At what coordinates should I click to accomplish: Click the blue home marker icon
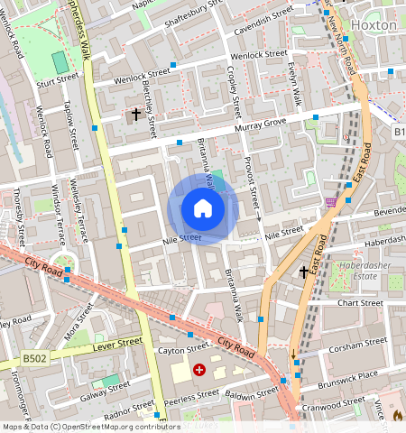203,209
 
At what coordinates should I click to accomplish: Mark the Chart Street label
360,303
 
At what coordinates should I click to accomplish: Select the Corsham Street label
358,344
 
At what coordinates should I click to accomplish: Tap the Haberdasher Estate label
361,271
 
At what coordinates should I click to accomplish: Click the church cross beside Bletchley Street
135,115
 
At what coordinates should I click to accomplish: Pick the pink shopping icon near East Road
331,202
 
